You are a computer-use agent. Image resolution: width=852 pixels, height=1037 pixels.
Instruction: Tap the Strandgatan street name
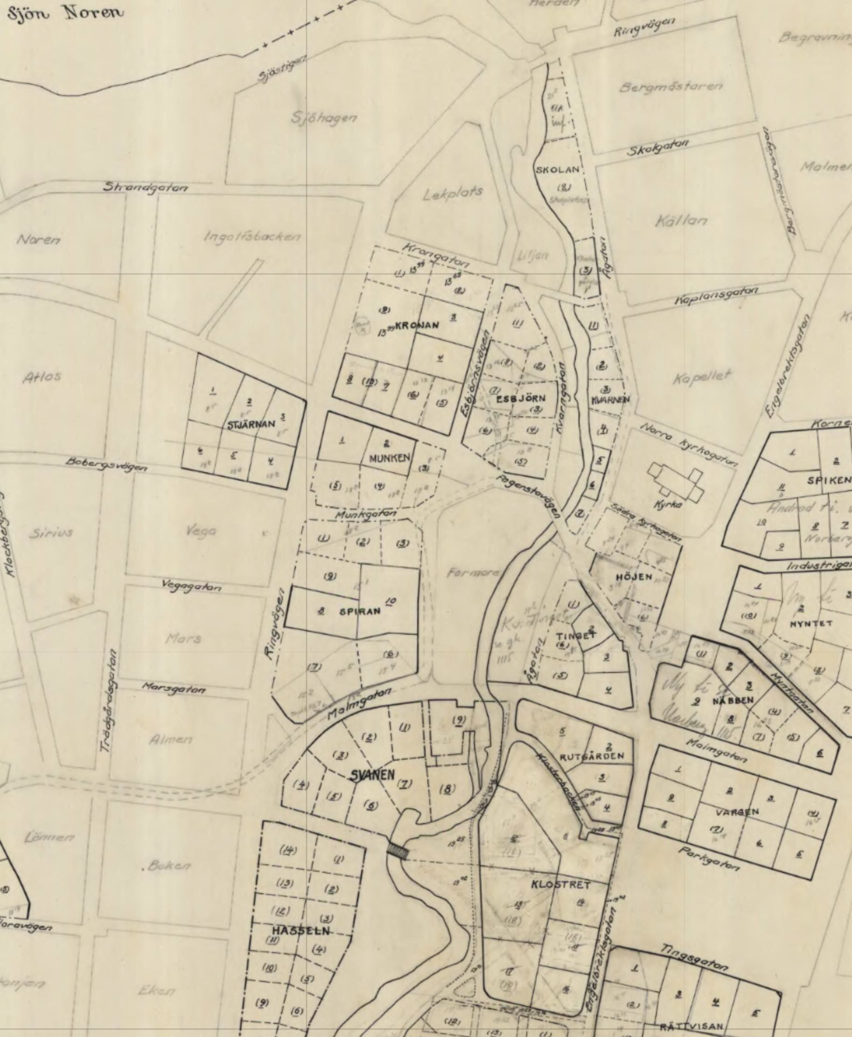146,187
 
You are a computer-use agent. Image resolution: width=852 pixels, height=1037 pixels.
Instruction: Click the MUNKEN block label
389,458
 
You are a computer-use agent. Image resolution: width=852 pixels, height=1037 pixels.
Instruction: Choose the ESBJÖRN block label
521,399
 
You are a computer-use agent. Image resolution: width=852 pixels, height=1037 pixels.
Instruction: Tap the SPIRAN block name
360,611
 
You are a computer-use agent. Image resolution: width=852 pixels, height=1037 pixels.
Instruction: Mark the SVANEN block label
372,775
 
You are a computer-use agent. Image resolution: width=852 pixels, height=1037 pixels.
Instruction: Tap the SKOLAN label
558,170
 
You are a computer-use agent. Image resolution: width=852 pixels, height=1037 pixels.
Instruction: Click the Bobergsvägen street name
106,464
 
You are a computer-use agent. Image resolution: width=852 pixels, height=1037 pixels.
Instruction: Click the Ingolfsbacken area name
252,237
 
